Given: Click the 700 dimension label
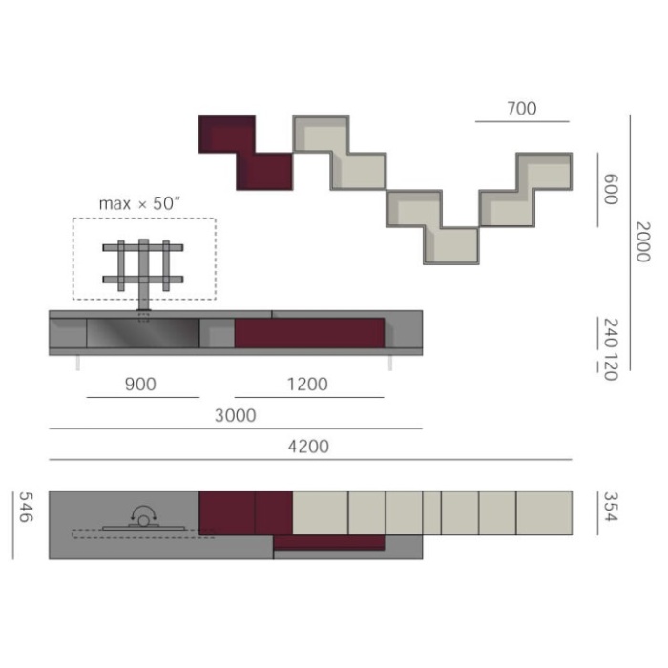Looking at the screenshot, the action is coord(521,109).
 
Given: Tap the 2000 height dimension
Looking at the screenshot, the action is coord(643,241).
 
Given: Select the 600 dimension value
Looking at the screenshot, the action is coord(611,189).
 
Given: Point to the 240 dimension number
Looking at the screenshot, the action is coord(612,334).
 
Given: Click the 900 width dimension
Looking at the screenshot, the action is coord(140,385).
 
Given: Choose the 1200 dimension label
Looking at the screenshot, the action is coord(307,385).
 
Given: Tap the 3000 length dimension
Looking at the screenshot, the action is coord(235,415).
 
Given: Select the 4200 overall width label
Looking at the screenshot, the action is coord(308,447).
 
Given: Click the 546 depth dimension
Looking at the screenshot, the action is coord(26,507).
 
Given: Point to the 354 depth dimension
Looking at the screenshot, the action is coord(611,507).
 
